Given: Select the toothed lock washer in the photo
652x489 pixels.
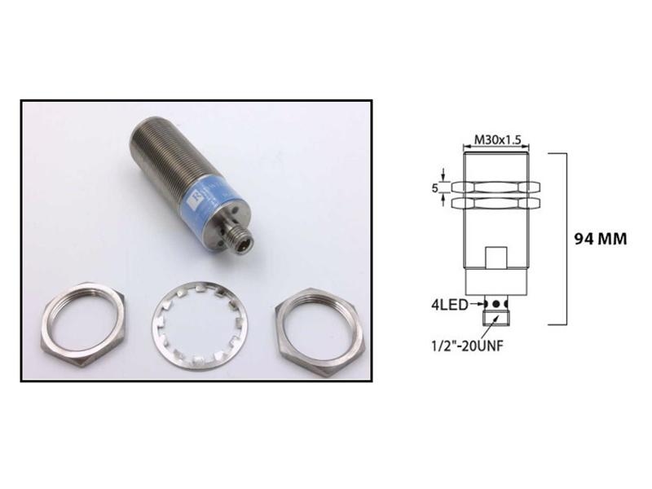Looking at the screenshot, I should (x=200, y=333).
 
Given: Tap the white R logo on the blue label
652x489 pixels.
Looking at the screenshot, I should (x=194, y=199).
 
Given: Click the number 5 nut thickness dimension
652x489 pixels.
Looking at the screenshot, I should (x=437, y=188).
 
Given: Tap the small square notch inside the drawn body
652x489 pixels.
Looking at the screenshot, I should (x=496, y=259).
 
